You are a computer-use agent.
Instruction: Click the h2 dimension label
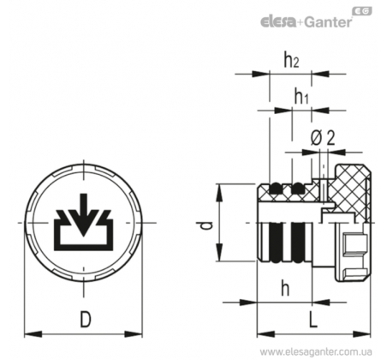291,60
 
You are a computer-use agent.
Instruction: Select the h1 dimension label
301,96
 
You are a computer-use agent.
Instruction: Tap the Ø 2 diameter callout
323,138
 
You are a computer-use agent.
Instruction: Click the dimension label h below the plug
285,288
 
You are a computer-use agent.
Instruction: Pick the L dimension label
313,320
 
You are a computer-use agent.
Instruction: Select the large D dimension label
86,320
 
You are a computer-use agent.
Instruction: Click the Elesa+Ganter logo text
306,21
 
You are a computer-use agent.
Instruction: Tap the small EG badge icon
363,10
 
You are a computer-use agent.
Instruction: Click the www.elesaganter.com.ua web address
316,351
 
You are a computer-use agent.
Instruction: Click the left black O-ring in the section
276,189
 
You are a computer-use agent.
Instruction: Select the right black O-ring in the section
298,189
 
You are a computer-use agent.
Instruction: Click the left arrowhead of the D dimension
33,334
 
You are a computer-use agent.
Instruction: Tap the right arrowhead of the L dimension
362,334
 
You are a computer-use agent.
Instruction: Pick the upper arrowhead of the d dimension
220,193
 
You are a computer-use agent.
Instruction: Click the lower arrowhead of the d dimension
220,252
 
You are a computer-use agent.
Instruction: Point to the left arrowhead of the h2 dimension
261,74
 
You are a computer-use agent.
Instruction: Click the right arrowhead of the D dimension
134,334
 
